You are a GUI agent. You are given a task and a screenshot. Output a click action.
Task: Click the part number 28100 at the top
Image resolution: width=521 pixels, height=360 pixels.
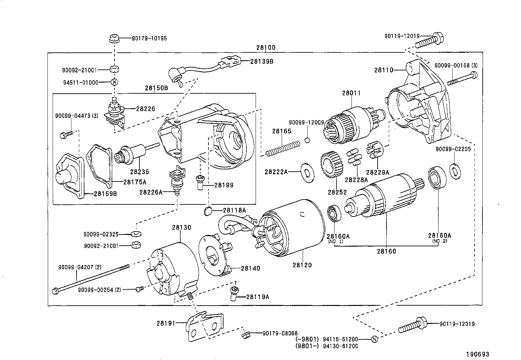coord(265,48)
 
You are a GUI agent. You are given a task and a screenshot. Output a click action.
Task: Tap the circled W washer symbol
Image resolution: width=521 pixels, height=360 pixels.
coord(114,82)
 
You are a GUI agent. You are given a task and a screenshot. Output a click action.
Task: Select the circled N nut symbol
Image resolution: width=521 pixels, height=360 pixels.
coord(375,339)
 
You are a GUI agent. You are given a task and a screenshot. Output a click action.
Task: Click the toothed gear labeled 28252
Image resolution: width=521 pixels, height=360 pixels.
coord(332,165)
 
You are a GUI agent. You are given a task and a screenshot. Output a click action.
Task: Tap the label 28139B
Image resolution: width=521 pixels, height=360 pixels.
coord(262,61)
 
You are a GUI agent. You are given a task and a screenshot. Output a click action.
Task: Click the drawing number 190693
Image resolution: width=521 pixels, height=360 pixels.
coord(477,354)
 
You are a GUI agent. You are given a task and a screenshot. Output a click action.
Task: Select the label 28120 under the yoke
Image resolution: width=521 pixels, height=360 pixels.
coord(302,265)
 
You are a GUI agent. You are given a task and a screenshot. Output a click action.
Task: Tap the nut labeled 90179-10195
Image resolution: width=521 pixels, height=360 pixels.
coord(113,39)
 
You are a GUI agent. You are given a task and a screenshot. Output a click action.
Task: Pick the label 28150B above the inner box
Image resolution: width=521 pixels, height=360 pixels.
coord(156,88)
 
